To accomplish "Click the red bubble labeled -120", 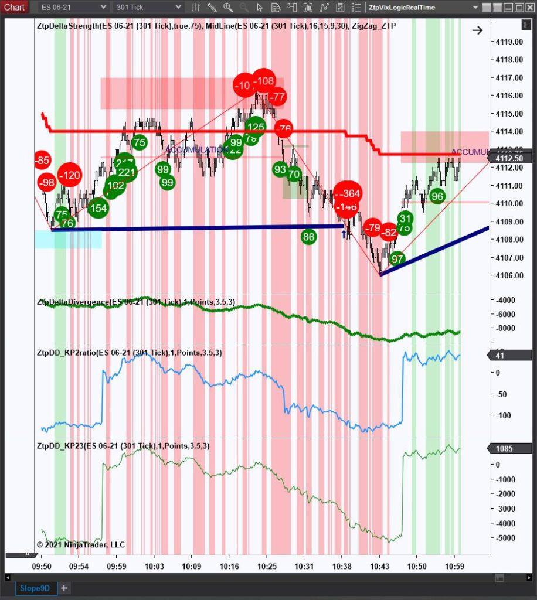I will pyautogui.click(x=69, y=175).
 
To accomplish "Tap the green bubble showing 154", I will pyautogui.click(x=98, y=208).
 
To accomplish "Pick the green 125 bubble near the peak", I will pyautogui.click(x=255, y=127).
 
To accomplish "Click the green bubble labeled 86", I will pyautogui.click(x=309, y=237).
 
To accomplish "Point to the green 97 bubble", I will pyautogui.click(x=397, y=258).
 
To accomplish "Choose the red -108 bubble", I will pyautogui.click(x=264, y=81).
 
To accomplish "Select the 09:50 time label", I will pyautogui.click(x=41, y=567).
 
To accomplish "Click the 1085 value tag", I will pyautogui.click(x=504, y=448).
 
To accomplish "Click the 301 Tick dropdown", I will pyautogui.click(x=148, y=7).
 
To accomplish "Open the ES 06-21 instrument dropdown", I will pyautogui.click(x=74, y=7).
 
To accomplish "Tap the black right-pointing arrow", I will pyautogui.click(x=477, y=30).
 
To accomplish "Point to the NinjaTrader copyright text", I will pyautogui.click(x=81, y=544).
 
